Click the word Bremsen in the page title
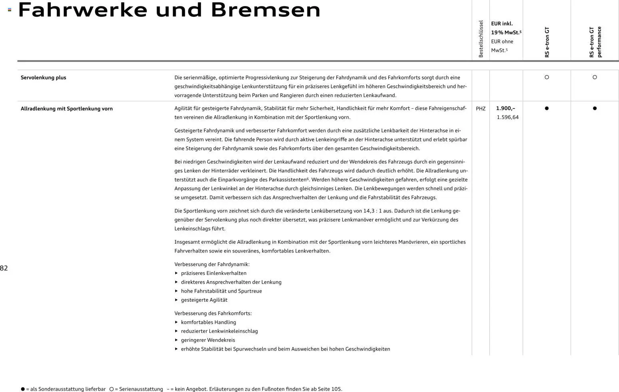[x=266, y=10]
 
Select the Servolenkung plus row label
[x=44, y=78]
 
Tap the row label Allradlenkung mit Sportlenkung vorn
[x=67, y=109]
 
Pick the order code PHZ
[x=481, y=109]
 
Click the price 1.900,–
[x=506, y=108]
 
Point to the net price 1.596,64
[x=508, y=117]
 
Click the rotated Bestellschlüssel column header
[x=481, y=39]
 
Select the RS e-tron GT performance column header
[x=595, y=42]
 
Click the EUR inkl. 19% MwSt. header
[x=506, y=28]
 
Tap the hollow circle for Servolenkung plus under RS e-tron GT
[x=547, y=77]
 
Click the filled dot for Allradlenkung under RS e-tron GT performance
[x=595, y=108]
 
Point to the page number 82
[x=4, y=268]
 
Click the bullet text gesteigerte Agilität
[x=204, y=300]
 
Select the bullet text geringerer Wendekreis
[x=208, y=340]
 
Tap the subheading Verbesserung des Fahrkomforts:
[x=213, y=313]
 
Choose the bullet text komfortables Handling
[x=208, y=322]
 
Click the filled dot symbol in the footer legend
[x=23, y=389]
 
